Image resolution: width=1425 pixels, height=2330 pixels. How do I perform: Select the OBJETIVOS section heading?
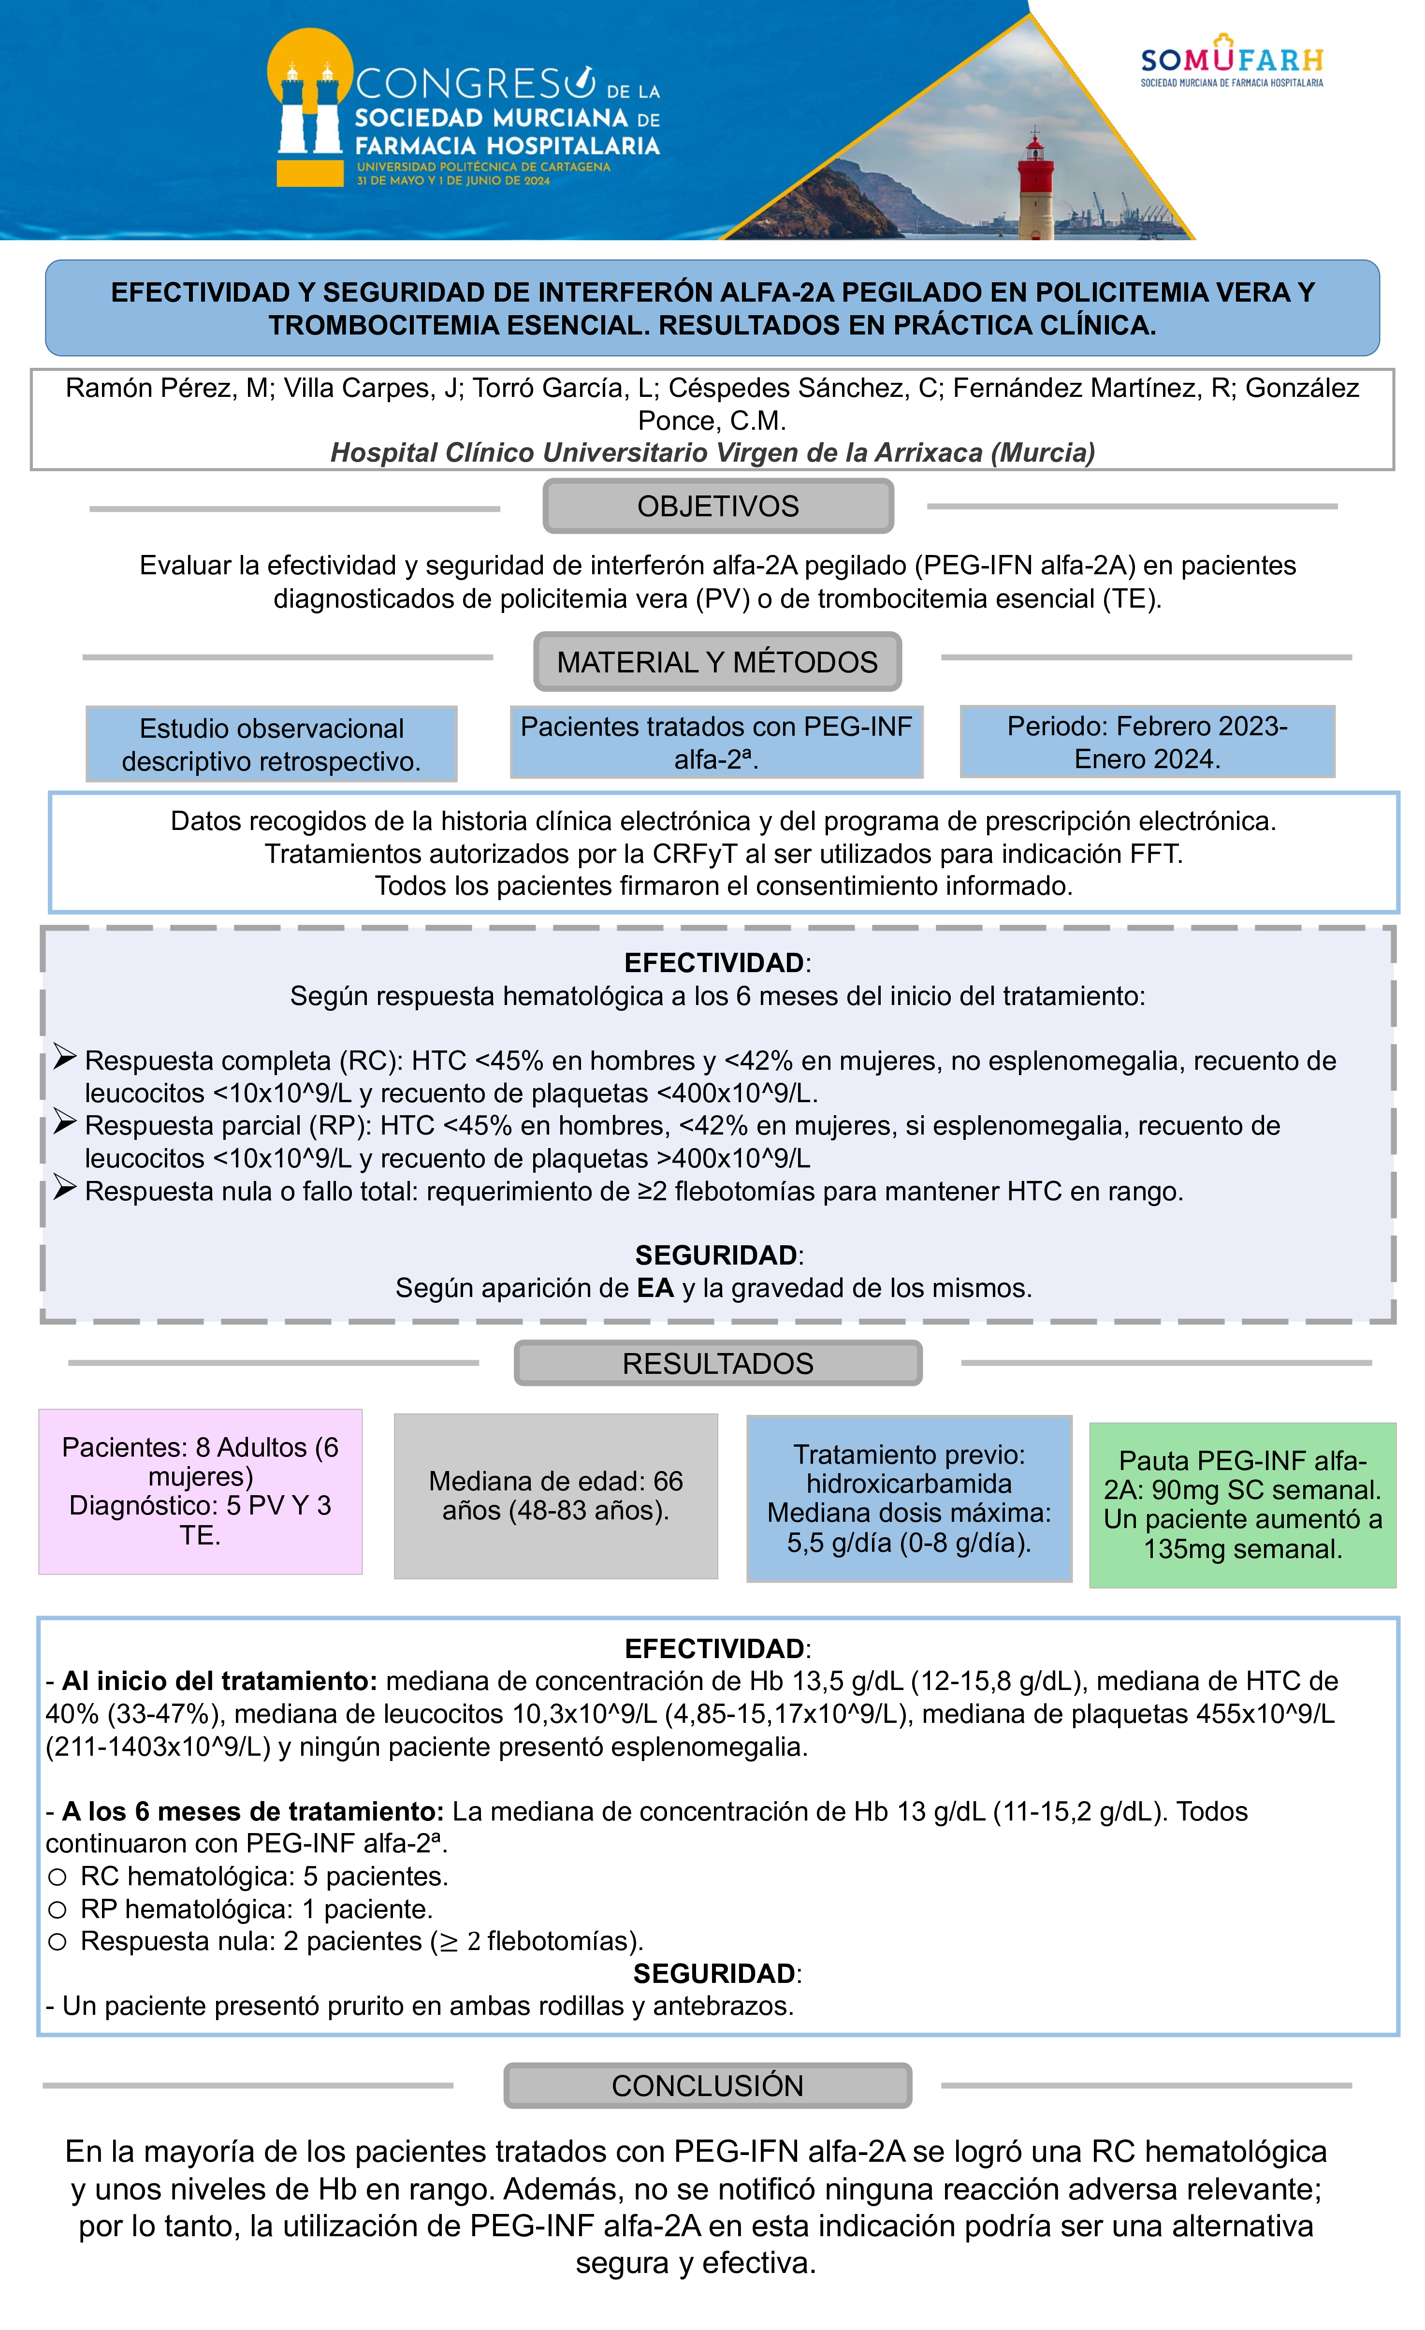(x=718, y=506)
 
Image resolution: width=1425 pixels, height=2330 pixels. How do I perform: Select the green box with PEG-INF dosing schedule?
(x=1242, y=1504)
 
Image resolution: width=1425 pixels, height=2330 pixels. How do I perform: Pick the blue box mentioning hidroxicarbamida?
(x=909, y=1498)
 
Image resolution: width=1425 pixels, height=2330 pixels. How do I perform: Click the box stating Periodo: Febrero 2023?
(x=1147, y=742)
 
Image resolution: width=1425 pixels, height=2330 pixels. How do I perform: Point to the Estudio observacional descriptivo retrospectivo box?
(x=271, y=744)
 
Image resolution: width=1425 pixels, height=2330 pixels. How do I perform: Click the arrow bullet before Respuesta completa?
(x=64, y=1057)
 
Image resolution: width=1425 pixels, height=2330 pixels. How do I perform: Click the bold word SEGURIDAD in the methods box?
(x=716, y=1255)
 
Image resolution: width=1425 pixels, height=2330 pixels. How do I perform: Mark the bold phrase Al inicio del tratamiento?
(x=219, y=1680)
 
